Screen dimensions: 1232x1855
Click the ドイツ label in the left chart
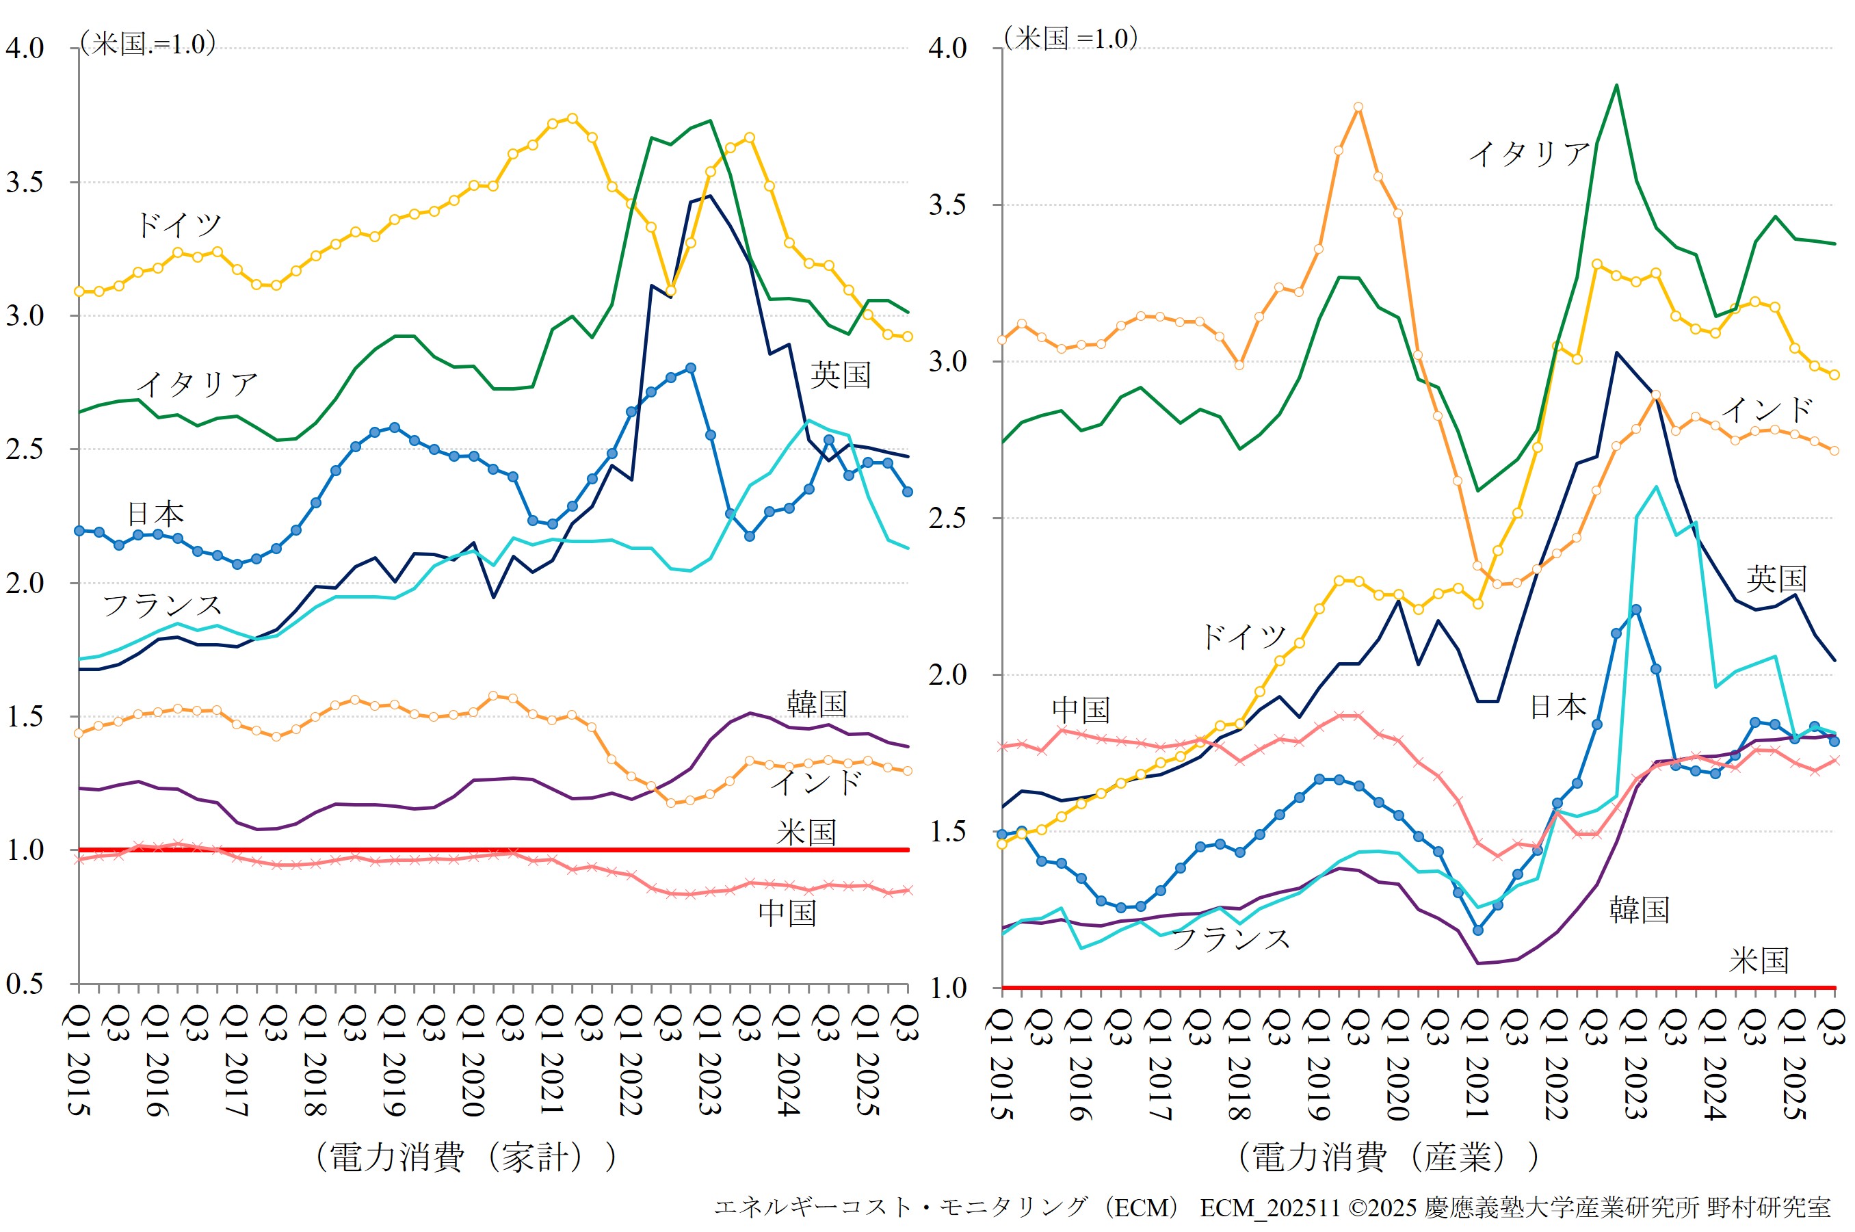(x=180, y=226)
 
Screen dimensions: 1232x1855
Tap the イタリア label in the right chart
(x=1529, y=153)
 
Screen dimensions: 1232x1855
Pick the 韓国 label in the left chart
(x=817, y=704)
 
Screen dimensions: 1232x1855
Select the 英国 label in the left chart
(x=841, y=375)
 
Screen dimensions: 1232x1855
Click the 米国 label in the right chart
(x=1759, y=960)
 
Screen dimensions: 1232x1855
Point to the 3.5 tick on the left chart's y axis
(x=25, y=182)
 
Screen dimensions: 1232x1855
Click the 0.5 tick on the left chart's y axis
(x=25, y=984)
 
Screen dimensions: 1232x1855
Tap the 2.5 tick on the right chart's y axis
(x=947, y=519)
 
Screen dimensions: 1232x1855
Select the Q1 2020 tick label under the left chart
(x=472, y=1061)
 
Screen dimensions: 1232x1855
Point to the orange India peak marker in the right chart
(x=1358, y=107)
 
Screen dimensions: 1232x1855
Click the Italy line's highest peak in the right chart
(x=1616, y=85)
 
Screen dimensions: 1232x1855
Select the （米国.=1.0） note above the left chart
(x=148, y=43)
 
